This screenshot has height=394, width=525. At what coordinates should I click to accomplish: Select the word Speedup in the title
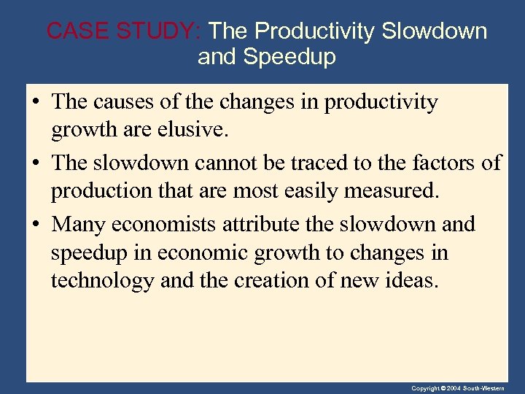tap(289, 57)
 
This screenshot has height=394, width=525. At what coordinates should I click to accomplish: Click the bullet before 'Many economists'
tap(35, 224)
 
